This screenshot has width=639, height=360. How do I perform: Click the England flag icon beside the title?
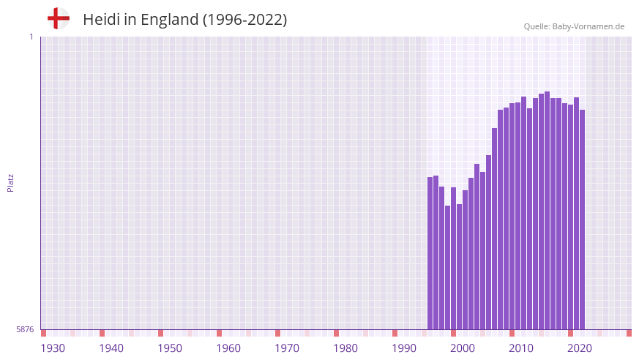coord(58,19)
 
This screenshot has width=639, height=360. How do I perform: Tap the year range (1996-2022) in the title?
coord(244,20)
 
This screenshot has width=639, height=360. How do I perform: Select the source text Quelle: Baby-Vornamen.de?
coord(574,26)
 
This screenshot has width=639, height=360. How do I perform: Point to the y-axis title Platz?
coord(10,183)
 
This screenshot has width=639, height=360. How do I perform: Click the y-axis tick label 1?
coord(31,37)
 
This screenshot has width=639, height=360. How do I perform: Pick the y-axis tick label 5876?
coord(25,329)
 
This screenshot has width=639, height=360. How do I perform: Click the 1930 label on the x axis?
coord(53,348)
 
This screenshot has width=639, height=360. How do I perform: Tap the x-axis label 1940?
coord(111,348)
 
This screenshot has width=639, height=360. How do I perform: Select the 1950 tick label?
coord(170,348)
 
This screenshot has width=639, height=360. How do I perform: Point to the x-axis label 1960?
coord(228,348)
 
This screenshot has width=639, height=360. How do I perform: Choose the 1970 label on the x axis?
coord(287,348)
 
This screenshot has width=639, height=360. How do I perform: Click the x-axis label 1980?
coord(345,348)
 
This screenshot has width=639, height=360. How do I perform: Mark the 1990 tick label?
coord(404,348)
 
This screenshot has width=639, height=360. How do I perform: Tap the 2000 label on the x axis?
coord(463,348)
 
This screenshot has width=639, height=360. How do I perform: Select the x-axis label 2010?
coord(521,348)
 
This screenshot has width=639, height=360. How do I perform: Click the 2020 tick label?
coord(580,348)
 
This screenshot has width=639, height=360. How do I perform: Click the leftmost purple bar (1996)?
coord(430,252)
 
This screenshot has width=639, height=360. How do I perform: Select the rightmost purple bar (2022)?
coord(583,220)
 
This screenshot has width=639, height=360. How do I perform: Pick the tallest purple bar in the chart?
coord(548,211)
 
